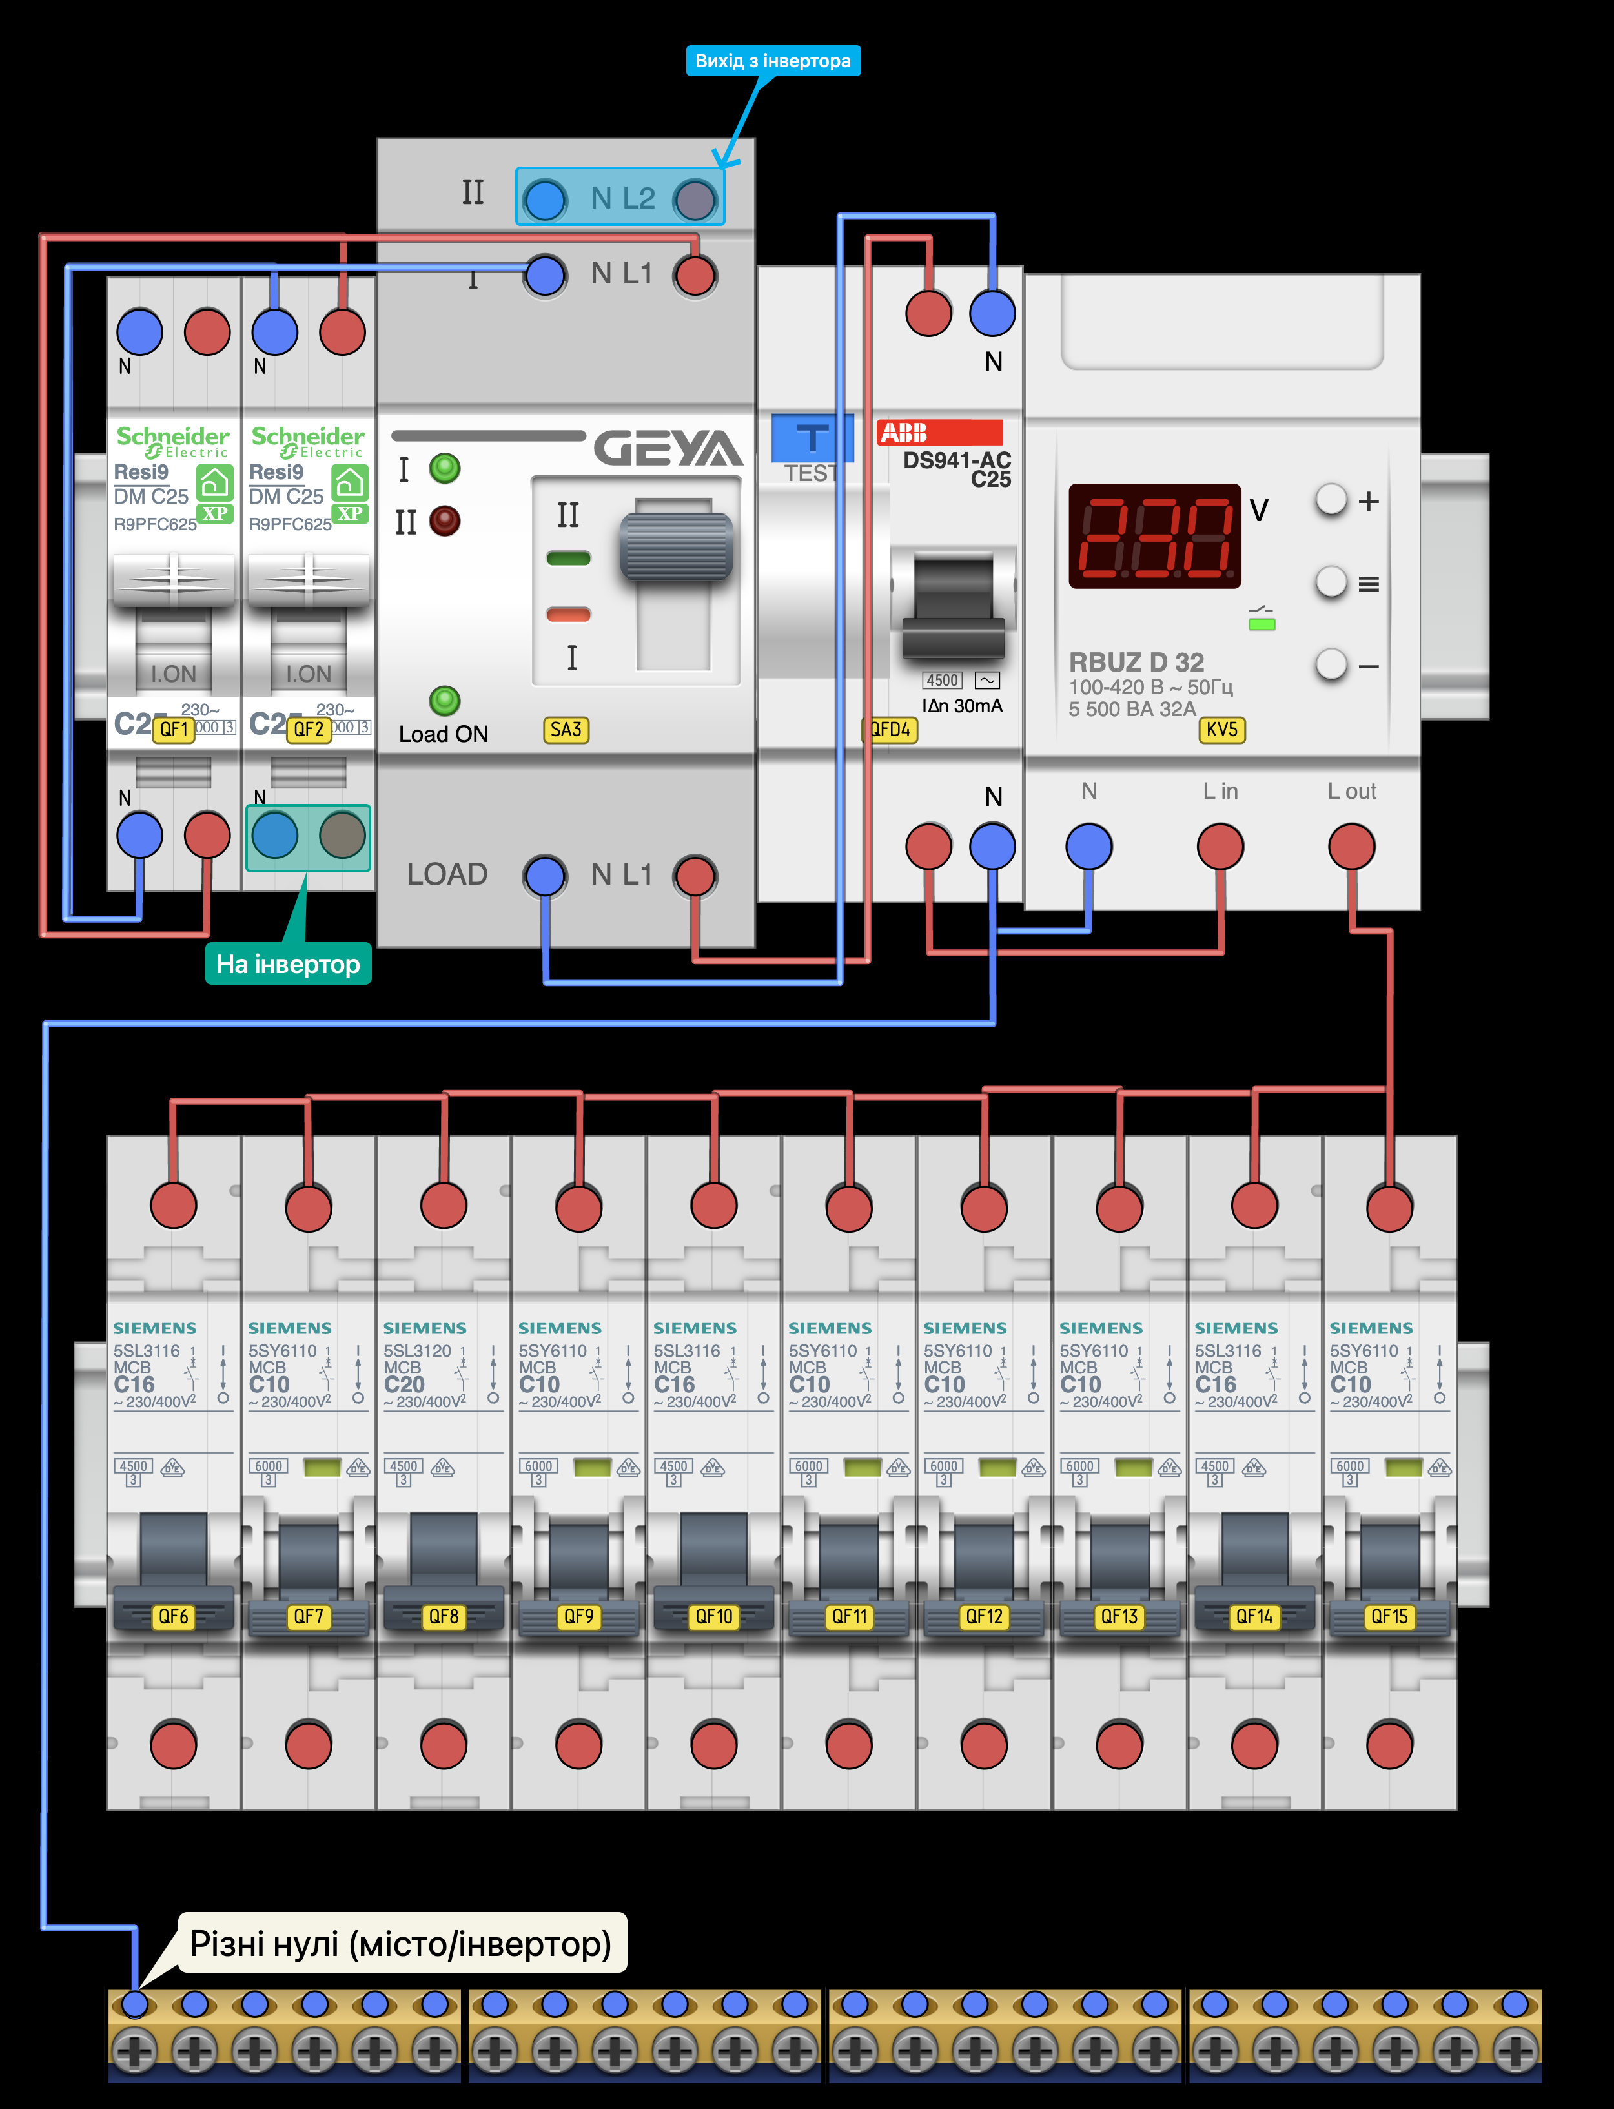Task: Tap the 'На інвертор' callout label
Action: tap(287, 963)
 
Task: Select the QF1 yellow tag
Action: tap(174, 729)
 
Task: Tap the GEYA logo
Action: tap(668, 448)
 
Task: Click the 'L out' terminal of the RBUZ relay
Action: tap(1351, 847)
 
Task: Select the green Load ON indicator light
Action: tap(445, 701)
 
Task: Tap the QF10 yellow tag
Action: tap(714, 1617)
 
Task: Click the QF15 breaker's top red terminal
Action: tap(1389, 1208)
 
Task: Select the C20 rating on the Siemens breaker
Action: tap(403, 1384)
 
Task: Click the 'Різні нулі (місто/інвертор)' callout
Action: tap(401, 1944)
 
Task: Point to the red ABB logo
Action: tap(939, 433)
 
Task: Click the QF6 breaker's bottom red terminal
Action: tap(174, 1744)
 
